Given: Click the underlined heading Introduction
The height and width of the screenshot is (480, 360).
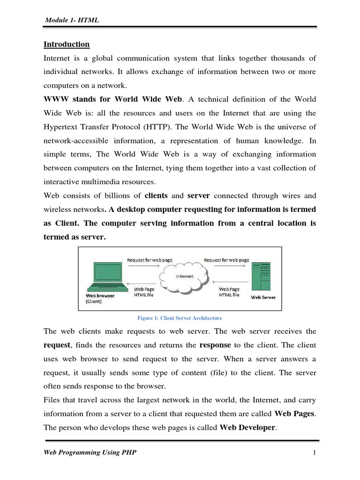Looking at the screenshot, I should pos(66,45).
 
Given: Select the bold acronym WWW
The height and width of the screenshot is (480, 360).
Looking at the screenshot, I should pos(56,99).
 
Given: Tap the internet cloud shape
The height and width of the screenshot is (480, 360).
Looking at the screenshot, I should pos(184,277).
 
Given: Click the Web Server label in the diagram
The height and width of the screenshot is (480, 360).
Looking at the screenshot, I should pos(263,297).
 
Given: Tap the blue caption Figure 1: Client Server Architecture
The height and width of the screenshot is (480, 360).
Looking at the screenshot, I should pos(180,318).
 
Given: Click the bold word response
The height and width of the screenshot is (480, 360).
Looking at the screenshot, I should pos(215,345).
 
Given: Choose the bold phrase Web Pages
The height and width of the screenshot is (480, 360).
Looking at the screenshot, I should pos(295,414).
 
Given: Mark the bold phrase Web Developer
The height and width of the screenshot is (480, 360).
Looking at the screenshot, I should pos(247,427).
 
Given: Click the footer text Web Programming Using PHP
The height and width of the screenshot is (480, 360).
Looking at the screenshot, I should pos(91,452).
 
